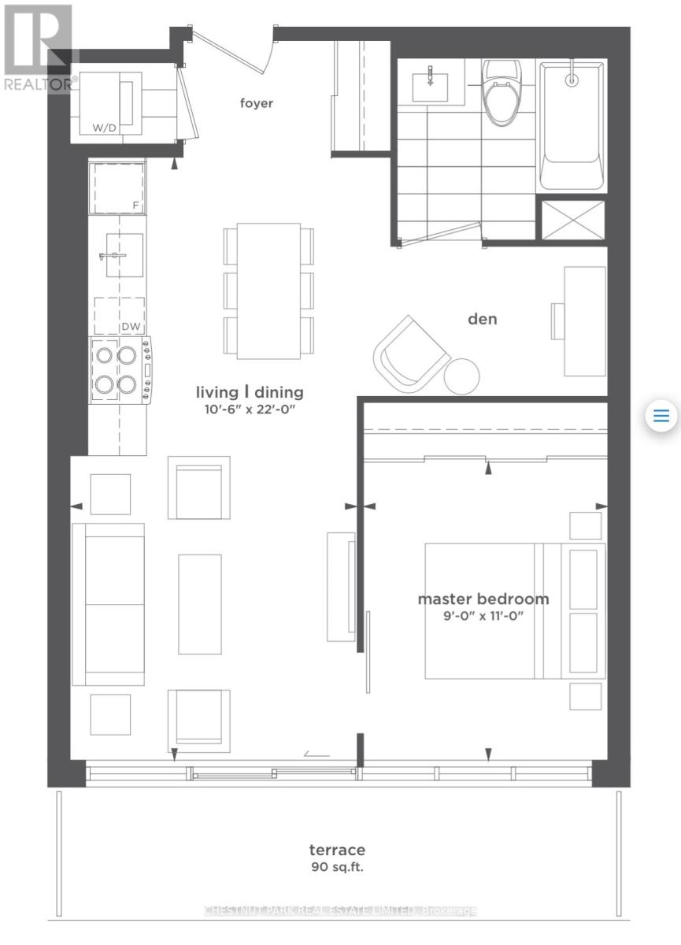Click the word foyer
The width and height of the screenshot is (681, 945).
point(257,103)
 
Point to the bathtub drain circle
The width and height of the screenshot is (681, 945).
point(572,79)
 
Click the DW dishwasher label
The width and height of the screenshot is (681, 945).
point(130,326)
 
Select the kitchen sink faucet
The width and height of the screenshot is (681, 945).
point(113,256)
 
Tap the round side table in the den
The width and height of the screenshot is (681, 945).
point(461,376)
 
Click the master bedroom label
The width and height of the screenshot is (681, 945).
point(483,598)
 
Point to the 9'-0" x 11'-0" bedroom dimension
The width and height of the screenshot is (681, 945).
point(483,617)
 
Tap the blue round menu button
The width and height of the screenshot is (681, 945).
point(661,415)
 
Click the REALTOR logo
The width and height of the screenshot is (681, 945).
point(37,47)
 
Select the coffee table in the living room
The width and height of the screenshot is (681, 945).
point(200,604)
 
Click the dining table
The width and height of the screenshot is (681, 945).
point(268,291)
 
